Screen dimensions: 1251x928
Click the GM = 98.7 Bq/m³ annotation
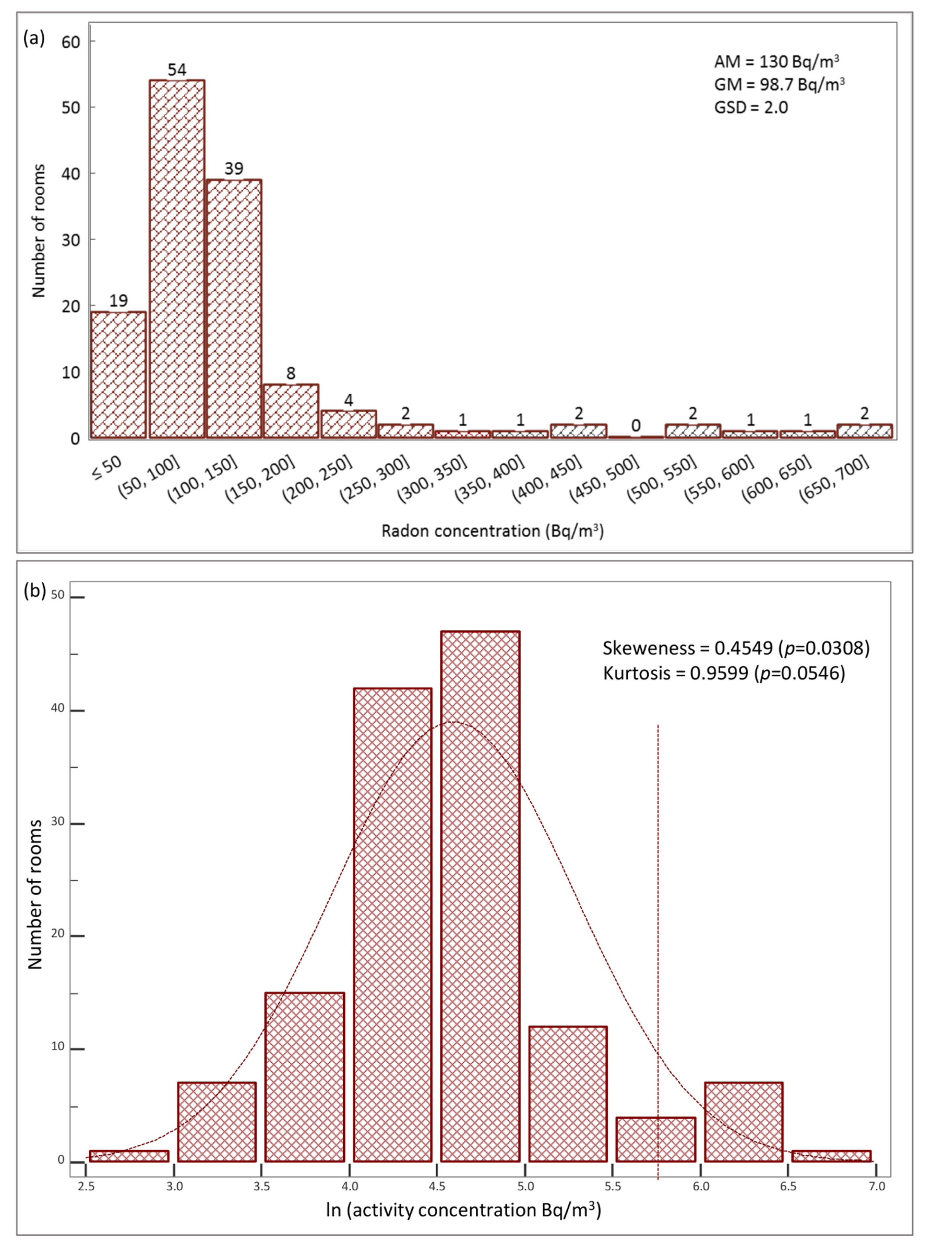[779, 84]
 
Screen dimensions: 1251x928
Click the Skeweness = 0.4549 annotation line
[736, 648]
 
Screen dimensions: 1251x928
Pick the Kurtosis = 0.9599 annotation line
[724, 673]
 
